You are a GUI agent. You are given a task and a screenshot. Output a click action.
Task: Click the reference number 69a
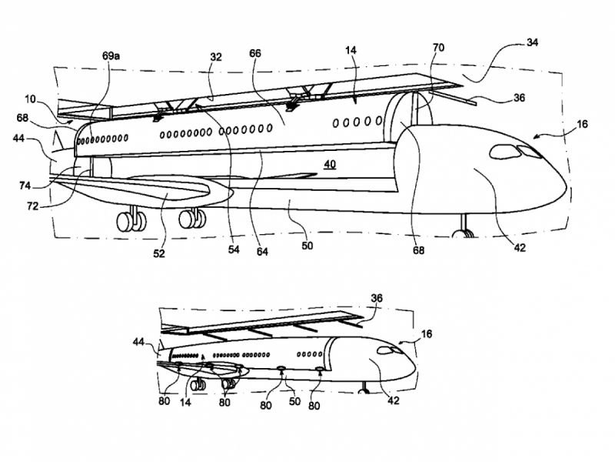(110, 57)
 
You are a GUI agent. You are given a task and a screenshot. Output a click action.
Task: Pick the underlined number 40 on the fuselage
(330, 164)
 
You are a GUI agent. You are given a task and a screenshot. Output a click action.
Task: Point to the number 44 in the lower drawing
(138, 340)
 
